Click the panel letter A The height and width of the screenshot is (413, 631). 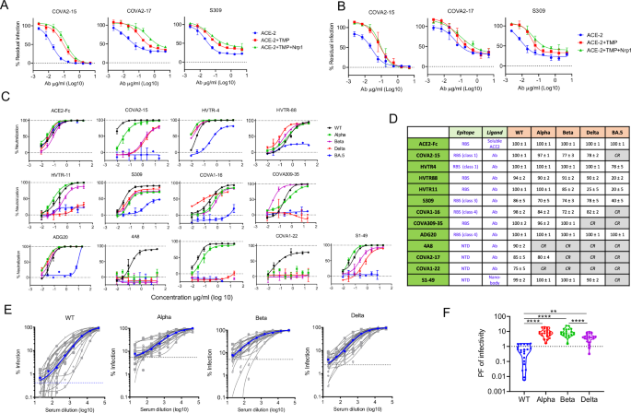pos(6,6)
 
